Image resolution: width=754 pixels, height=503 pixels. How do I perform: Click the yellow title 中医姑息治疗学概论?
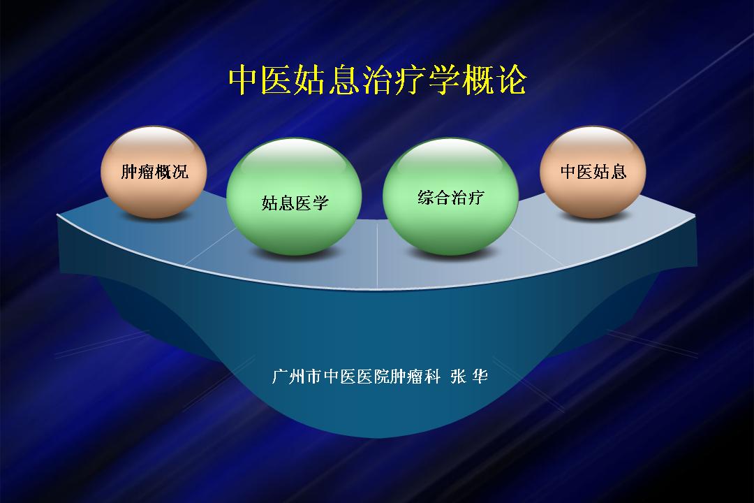(378, 80)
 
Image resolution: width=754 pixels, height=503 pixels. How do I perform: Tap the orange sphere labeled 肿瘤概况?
(154, 172)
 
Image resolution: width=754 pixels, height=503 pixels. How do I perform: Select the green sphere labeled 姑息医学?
(294, 196)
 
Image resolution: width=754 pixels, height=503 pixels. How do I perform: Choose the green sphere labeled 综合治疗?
(450, 196)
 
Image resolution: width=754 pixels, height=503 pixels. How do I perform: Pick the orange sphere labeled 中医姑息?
(593, 172)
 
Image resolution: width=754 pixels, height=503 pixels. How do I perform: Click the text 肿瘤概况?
(154, 172)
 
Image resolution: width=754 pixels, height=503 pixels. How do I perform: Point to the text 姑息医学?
(295, 203)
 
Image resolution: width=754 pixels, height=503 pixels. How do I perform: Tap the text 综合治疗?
(450, 197)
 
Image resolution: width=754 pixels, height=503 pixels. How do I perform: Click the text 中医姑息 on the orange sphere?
(593, 172)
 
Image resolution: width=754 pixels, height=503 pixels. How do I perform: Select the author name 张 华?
(469, 376)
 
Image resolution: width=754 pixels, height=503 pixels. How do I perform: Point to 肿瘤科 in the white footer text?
(415, 376)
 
